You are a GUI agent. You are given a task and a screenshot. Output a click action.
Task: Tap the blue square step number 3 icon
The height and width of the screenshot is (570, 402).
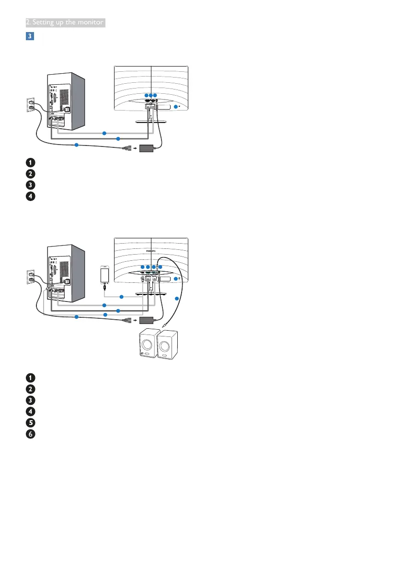[30, 36]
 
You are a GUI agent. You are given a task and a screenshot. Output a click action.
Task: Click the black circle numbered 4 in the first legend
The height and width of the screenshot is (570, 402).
[30, 196]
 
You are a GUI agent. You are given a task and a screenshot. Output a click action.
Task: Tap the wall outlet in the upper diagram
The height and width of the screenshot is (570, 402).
[30, 105]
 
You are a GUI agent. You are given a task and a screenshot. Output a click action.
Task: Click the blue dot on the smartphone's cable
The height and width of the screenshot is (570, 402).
[121, 297]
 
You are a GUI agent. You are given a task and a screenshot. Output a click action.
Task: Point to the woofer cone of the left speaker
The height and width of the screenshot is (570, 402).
[146, 343]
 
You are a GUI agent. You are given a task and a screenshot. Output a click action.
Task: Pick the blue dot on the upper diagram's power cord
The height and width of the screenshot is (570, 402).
[76, 145]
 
